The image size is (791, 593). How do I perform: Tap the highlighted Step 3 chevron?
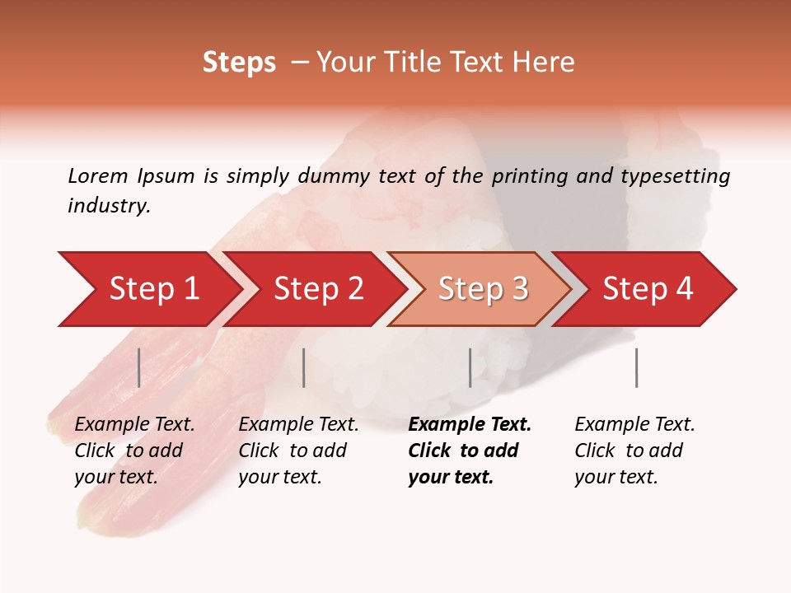click(x=482, y=289)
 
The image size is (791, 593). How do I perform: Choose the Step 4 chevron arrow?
click(x=647, y=289)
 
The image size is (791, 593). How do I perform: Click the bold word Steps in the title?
click(x=239, y=63)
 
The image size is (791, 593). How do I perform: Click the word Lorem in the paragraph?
click(x=98, y=175)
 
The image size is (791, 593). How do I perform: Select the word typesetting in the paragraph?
click(x=675, y=176)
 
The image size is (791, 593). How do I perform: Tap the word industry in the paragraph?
click(x=108, y=205)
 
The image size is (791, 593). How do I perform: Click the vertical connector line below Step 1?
click(x=139, y=367)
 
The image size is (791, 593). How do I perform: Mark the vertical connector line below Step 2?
click(x=304, y=367)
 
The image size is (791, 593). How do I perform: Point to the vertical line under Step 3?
click(x=470, y=367)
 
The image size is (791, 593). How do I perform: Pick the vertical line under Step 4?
click(x=637, y=367)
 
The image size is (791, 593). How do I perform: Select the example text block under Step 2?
click(x=297, y=451)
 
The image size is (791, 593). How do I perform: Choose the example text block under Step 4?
click(x=634, y=451)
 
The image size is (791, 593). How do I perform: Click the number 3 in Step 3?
click(x=520, y=289)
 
